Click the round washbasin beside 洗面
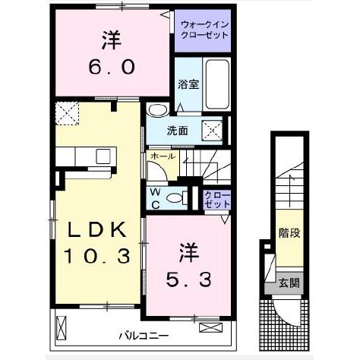point(156,109)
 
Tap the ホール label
point(163,156)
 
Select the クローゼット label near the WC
point(217,199)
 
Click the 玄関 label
point(288,284)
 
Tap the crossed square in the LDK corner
point(67,115)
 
